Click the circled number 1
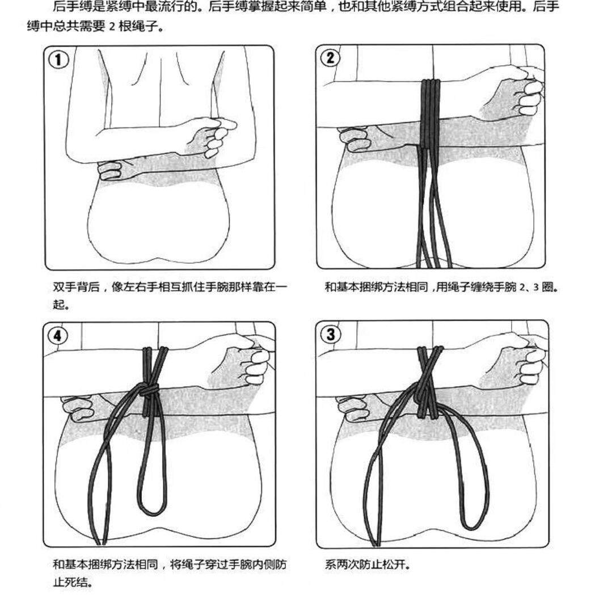tap(58, 59)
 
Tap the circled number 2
tap(331, 58)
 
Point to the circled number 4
tap(57, 336)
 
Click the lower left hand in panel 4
tap(78, 404)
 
